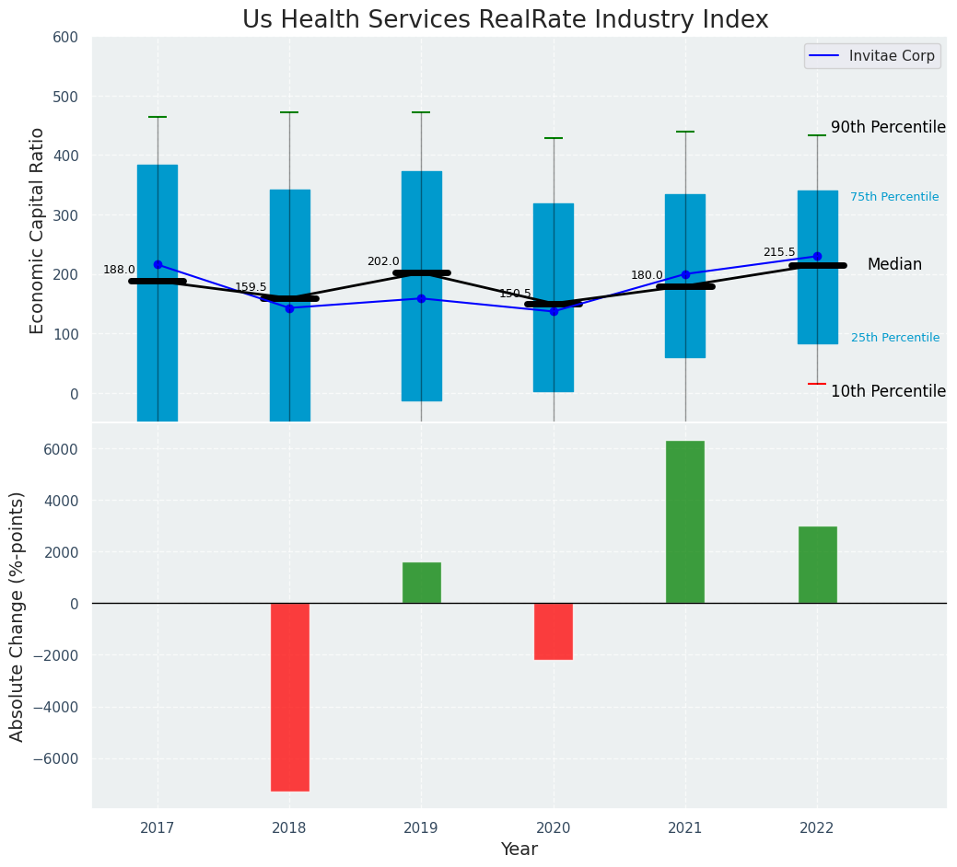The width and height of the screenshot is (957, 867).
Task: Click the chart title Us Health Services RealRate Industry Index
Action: (505, 19)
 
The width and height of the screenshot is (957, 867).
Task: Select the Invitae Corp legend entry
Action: (872, 56)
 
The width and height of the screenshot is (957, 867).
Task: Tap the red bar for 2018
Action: (289, 697)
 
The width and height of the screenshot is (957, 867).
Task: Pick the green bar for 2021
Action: (684, 522)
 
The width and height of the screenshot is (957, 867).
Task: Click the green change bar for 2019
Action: (421, 583)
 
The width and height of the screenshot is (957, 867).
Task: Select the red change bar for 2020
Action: (553, 631)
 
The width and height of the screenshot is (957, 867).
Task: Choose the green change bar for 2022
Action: (817, 565)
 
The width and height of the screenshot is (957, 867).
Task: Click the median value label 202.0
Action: (383, 261)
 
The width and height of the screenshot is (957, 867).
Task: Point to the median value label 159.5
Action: (251, 287)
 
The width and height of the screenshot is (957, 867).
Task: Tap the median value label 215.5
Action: (779, 252)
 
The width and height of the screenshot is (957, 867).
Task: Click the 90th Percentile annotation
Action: (888, 127)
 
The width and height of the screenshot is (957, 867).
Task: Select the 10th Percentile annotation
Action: (888, 391)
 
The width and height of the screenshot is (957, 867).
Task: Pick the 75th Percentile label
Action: (894, 197)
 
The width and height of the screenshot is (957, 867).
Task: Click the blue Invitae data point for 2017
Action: (158, 264)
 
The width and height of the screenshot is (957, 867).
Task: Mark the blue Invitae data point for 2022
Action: (817, 257)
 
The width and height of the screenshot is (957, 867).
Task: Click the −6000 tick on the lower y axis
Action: (56, 758)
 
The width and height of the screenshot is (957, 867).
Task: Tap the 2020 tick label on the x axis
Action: (553, 828)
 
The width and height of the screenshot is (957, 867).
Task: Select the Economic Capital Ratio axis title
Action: (38, 230)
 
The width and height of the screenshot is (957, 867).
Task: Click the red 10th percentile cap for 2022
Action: (817, 384)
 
